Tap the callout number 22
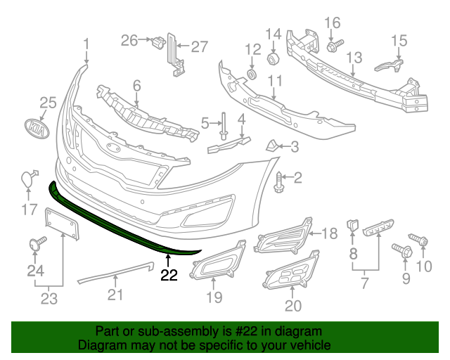coord(169,275)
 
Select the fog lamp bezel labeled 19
coord(218,259)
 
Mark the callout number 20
coord(292,305)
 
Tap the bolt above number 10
coord(423,241)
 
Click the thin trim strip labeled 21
coord(115,270)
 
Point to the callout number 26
coord(129,41)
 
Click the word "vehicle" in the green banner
coord(309,346)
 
